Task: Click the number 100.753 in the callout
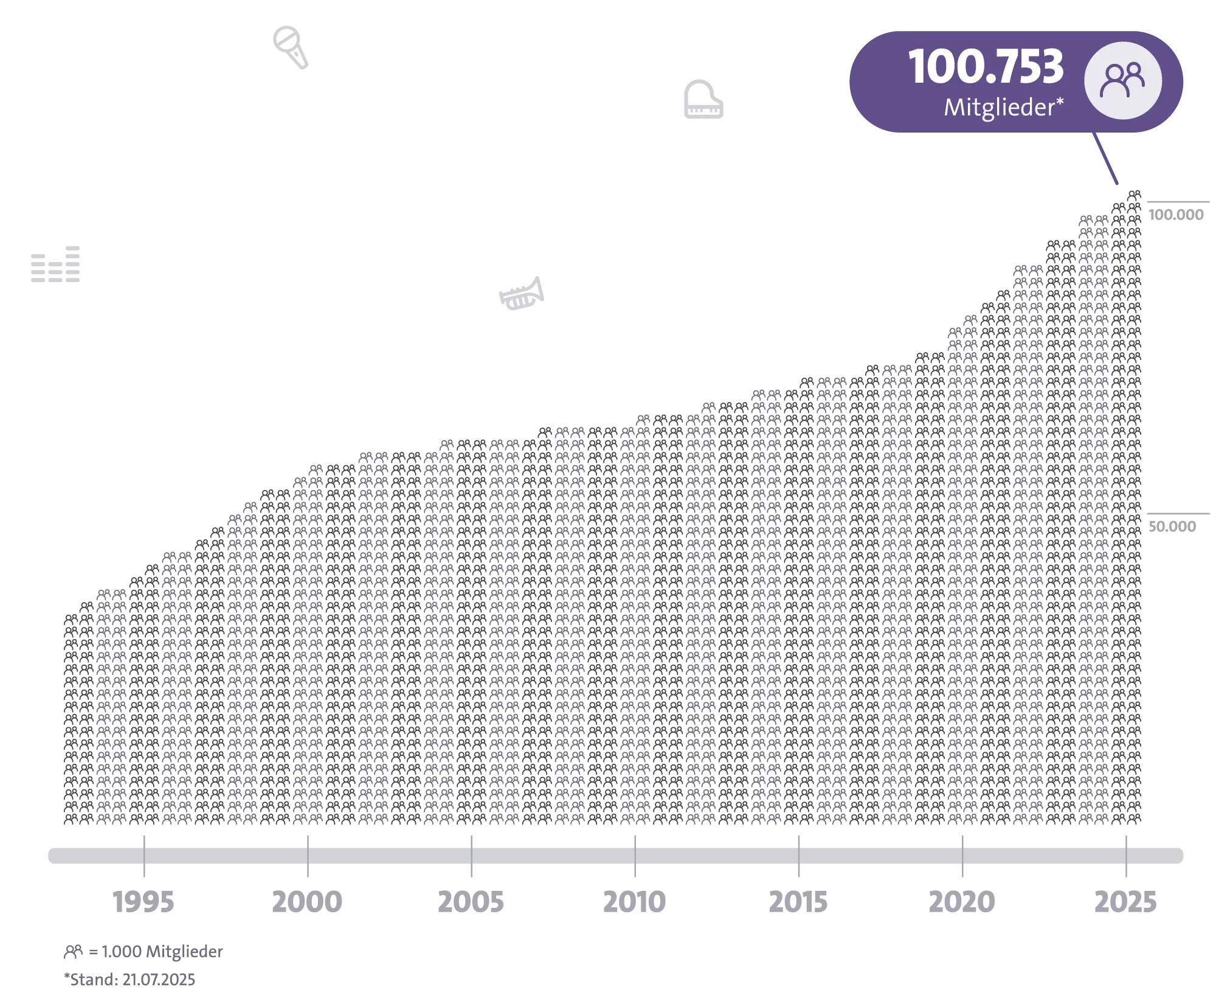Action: tap(985, 67)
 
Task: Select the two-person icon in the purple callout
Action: tap(1124, 81)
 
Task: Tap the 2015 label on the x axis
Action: tap(800, 904)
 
